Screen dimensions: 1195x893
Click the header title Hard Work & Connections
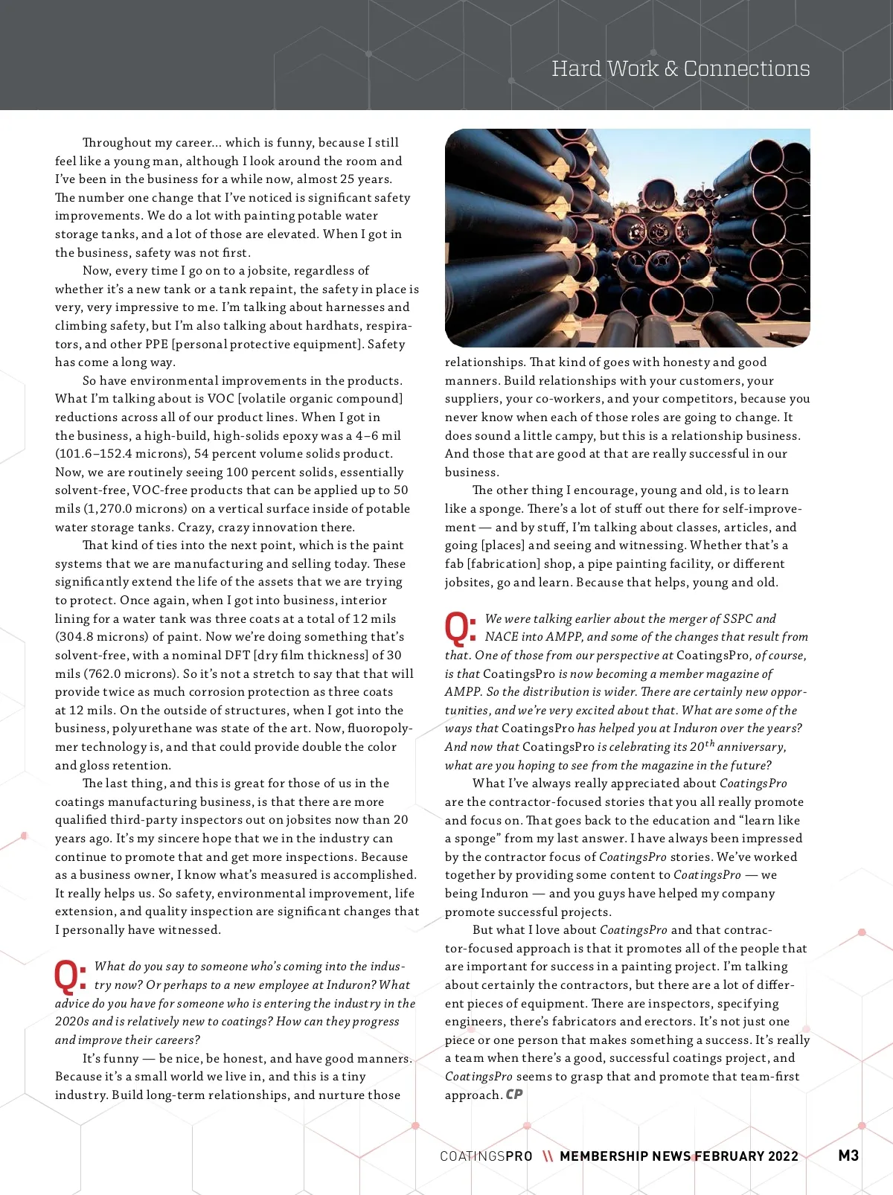click(x=680, y=68)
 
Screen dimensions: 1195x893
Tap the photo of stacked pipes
click(x=627, y=237)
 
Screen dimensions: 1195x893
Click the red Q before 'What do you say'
click(x=71, y=976)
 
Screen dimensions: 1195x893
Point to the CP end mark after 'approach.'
click(x=514, y=1094)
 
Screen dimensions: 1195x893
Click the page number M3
click(x=848, y=1155)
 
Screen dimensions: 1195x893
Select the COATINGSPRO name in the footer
click(x=486, y=1156)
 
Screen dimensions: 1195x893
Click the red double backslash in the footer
click(x=548, y=1156)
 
